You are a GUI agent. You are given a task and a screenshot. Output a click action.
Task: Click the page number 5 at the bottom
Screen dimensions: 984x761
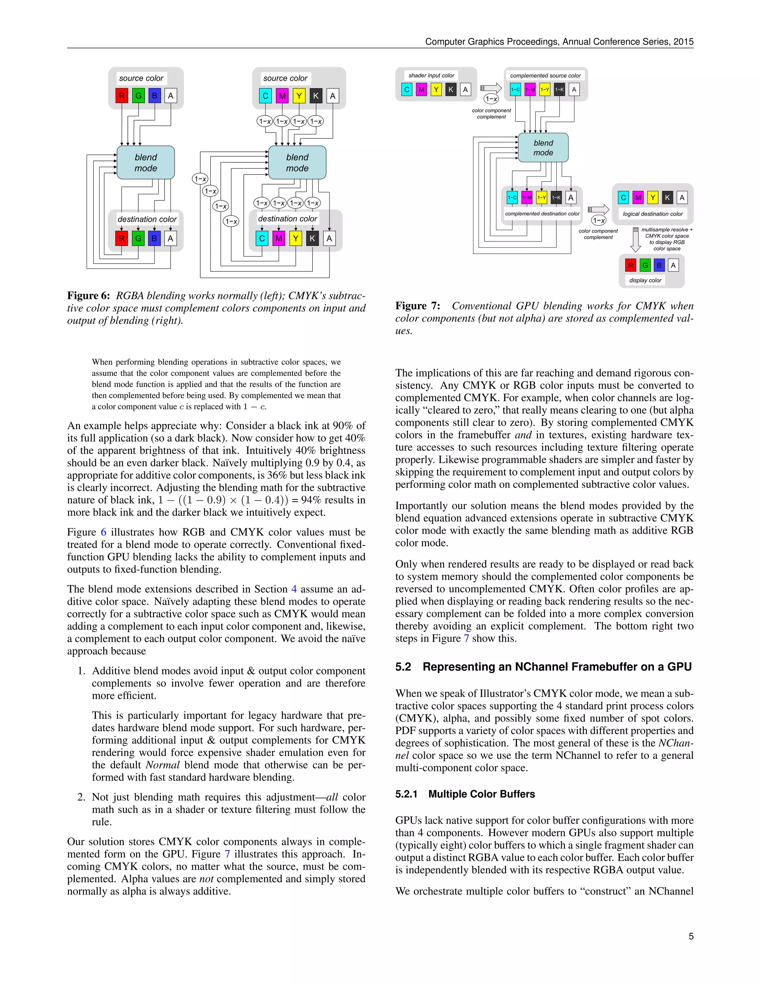tap(691, 936)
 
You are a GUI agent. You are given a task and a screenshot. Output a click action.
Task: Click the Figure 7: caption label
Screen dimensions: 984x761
tap(417, 306)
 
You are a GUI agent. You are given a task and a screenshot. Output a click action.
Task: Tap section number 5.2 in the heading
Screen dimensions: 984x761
tap(403, 667)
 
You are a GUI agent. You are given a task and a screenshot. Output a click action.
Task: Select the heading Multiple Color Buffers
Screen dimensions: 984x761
tap(482, 794)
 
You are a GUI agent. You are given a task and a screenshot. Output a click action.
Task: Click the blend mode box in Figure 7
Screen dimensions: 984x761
tap(543, 148)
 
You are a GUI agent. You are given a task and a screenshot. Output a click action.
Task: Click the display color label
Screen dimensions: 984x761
tap(645, 280)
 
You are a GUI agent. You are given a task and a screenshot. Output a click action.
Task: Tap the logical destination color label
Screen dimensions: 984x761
tap(652, 214)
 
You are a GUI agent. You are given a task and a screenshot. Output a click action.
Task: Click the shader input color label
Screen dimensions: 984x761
tap(431, 76)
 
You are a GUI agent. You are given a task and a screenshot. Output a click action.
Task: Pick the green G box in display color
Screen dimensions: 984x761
tap(645, 265)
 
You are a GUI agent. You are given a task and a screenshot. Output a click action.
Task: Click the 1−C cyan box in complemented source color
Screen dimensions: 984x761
tap(515, 89)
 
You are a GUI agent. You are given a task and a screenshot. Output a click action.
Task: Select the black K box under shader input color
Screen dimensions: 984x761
tap(450, 89)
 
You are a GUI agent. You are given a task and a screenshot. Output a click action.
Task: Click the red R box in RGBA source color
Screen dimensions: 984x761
tap(122, 95)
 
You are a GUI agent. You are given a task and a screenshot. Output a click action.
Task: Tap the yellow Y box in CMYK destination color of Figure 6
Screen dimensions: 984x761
tap(295, 238)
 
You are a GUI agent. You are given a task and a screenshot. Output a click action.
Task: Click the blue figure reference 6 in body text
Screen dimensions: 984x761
tap(103, 532)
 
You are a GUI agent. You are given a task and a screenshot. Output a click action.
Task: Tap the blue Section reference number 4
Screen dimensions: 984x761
tap(294, 589)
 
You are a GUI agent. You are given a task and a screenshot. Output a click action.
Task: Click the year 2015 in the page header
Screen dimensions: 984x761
tap(683, 42)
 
